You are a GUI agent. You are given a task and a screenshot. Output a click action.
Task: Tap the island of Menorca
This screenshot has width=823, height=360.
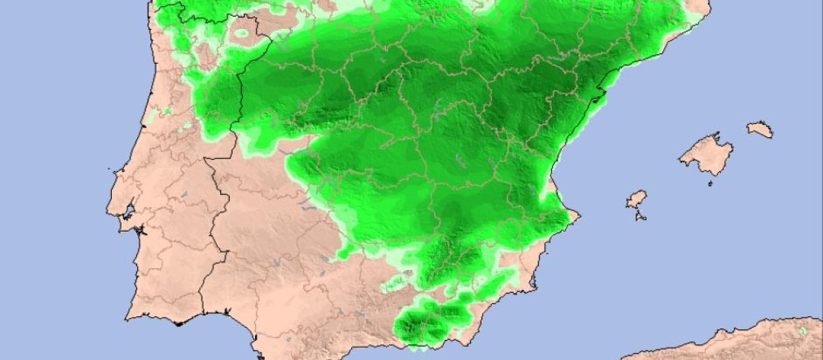pos(760,129)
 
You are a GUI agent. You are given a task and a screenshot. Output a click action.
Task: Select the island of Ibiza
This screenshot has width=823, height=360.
pos(636,200)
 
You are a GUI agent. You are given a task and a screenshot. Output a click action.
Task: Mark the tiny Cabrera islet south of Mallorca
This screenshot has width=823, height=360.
pos(710,182)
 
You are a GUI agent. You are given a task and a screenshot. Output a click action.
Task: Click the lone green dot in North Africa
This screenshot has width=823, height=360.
pos(803,331)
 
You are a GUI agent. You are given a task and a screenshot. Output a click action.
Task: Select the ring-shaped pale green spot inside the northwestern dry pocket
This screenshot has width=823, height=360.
pos(241,32)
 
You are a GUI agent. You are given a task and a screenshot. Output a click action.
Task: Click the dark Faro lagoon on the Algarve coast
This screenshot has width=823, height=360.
pos(177,322)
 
